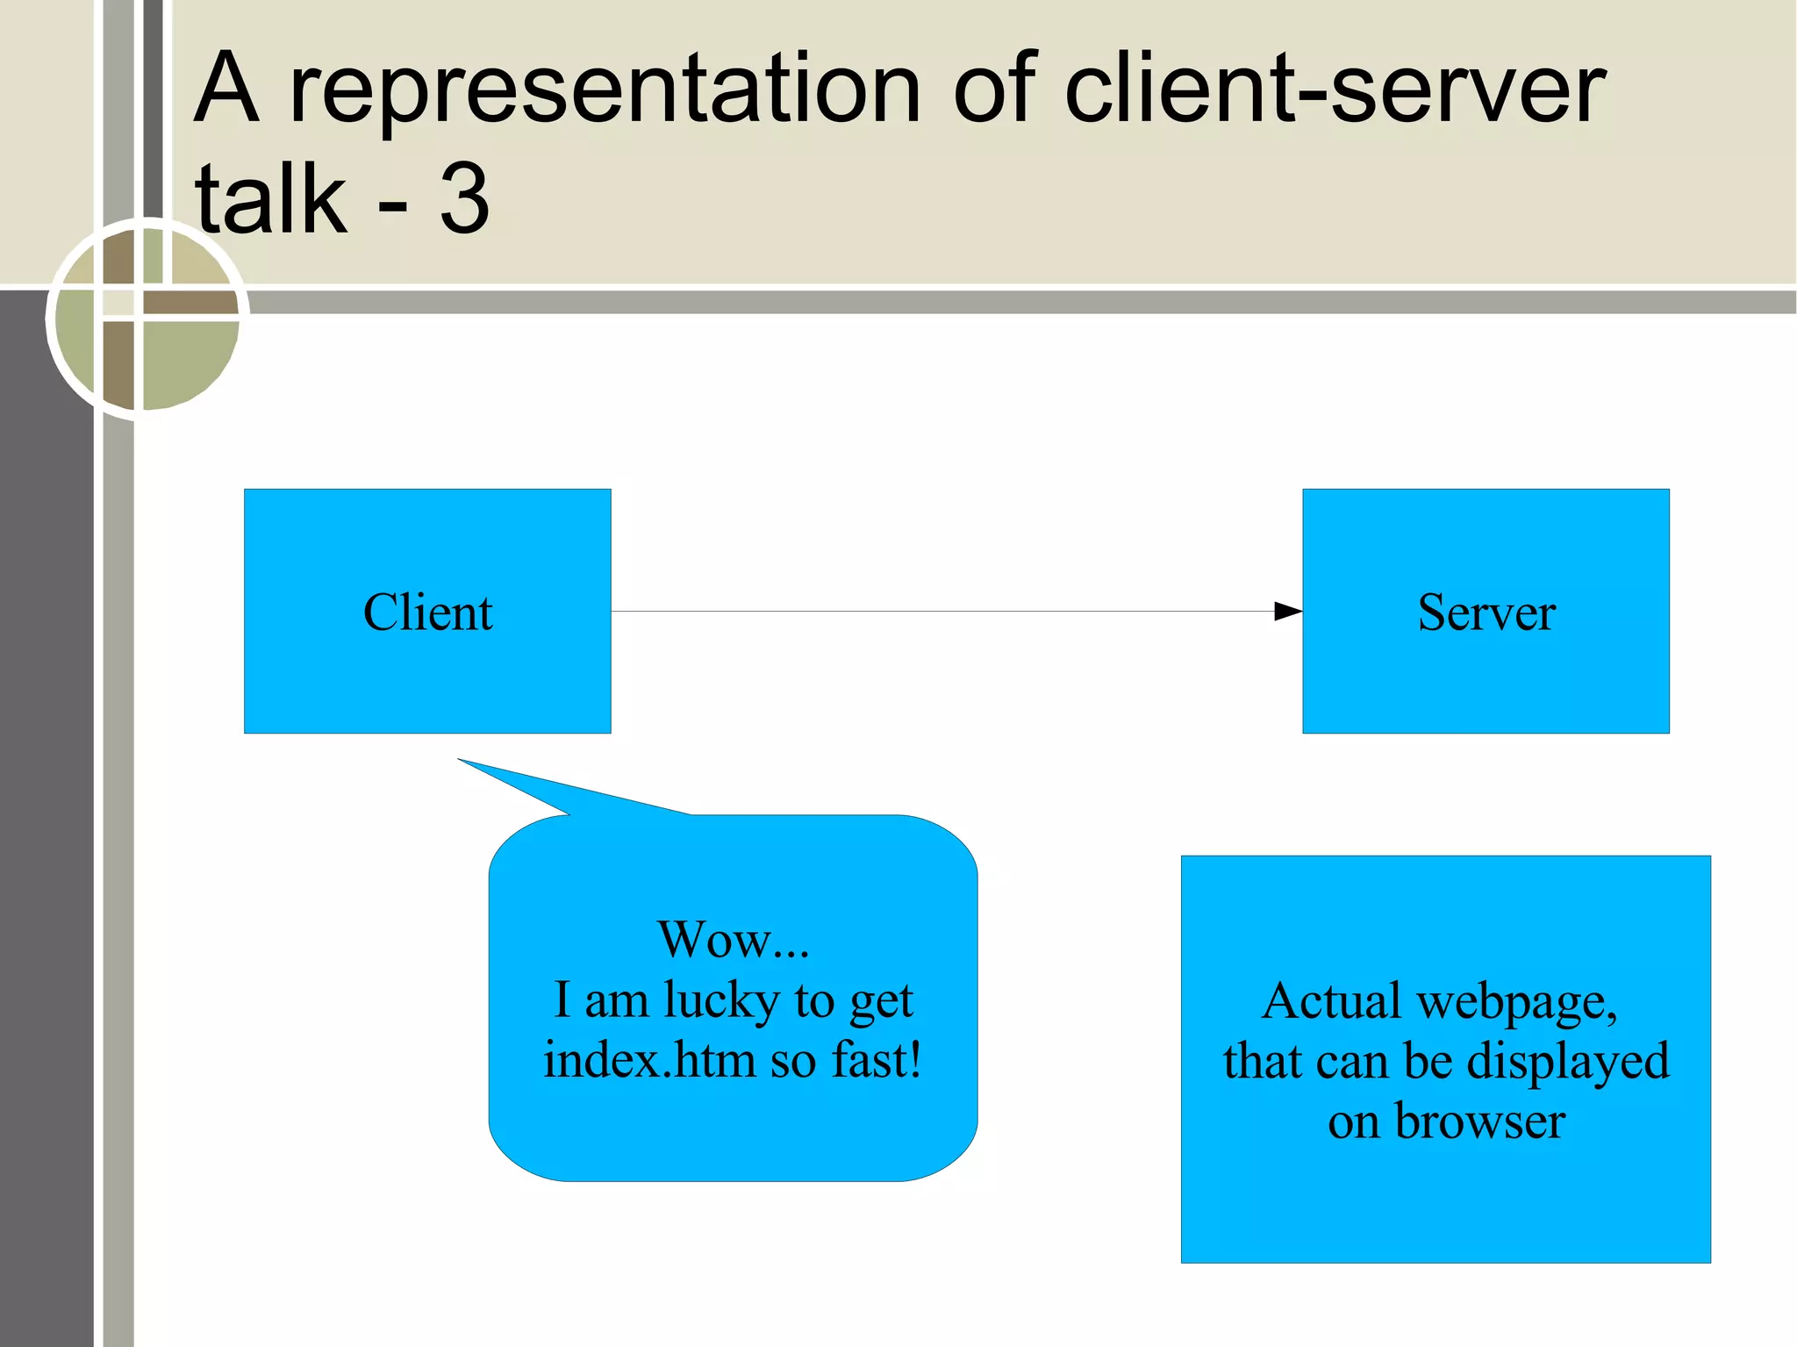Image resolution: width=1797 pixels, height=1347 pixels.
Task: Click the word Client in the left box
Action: [x=427, y=613]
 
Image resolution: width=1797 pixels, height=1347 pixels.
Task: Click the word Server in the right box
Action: [x=1486, y=613]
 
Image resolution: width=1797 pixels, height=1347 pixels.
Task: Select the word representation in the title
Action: [x=605, y=90]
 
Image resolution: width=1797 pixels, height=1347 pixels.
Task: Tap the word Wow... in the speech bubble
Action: [x=734, y=939]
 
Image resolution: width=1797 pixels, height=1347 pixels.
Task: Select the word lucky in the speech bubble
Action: [x=721, y=1001]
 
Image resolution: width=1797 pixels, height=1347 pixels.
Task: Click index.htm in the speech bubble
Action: [x=649, y=1060]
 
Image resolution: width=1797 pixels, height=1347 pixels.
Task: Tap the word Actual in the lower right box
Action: [x=1331, y=1000]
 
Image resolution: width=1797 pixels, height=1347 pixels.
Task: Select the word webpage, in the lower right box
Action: [x=1517, y=1002]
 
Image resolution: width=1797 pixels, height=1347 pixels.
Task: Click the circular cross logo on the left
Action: [x=146, y=318]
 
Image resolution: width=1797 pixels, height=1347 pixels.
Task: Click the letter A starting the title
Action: [x=226, y=90]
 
